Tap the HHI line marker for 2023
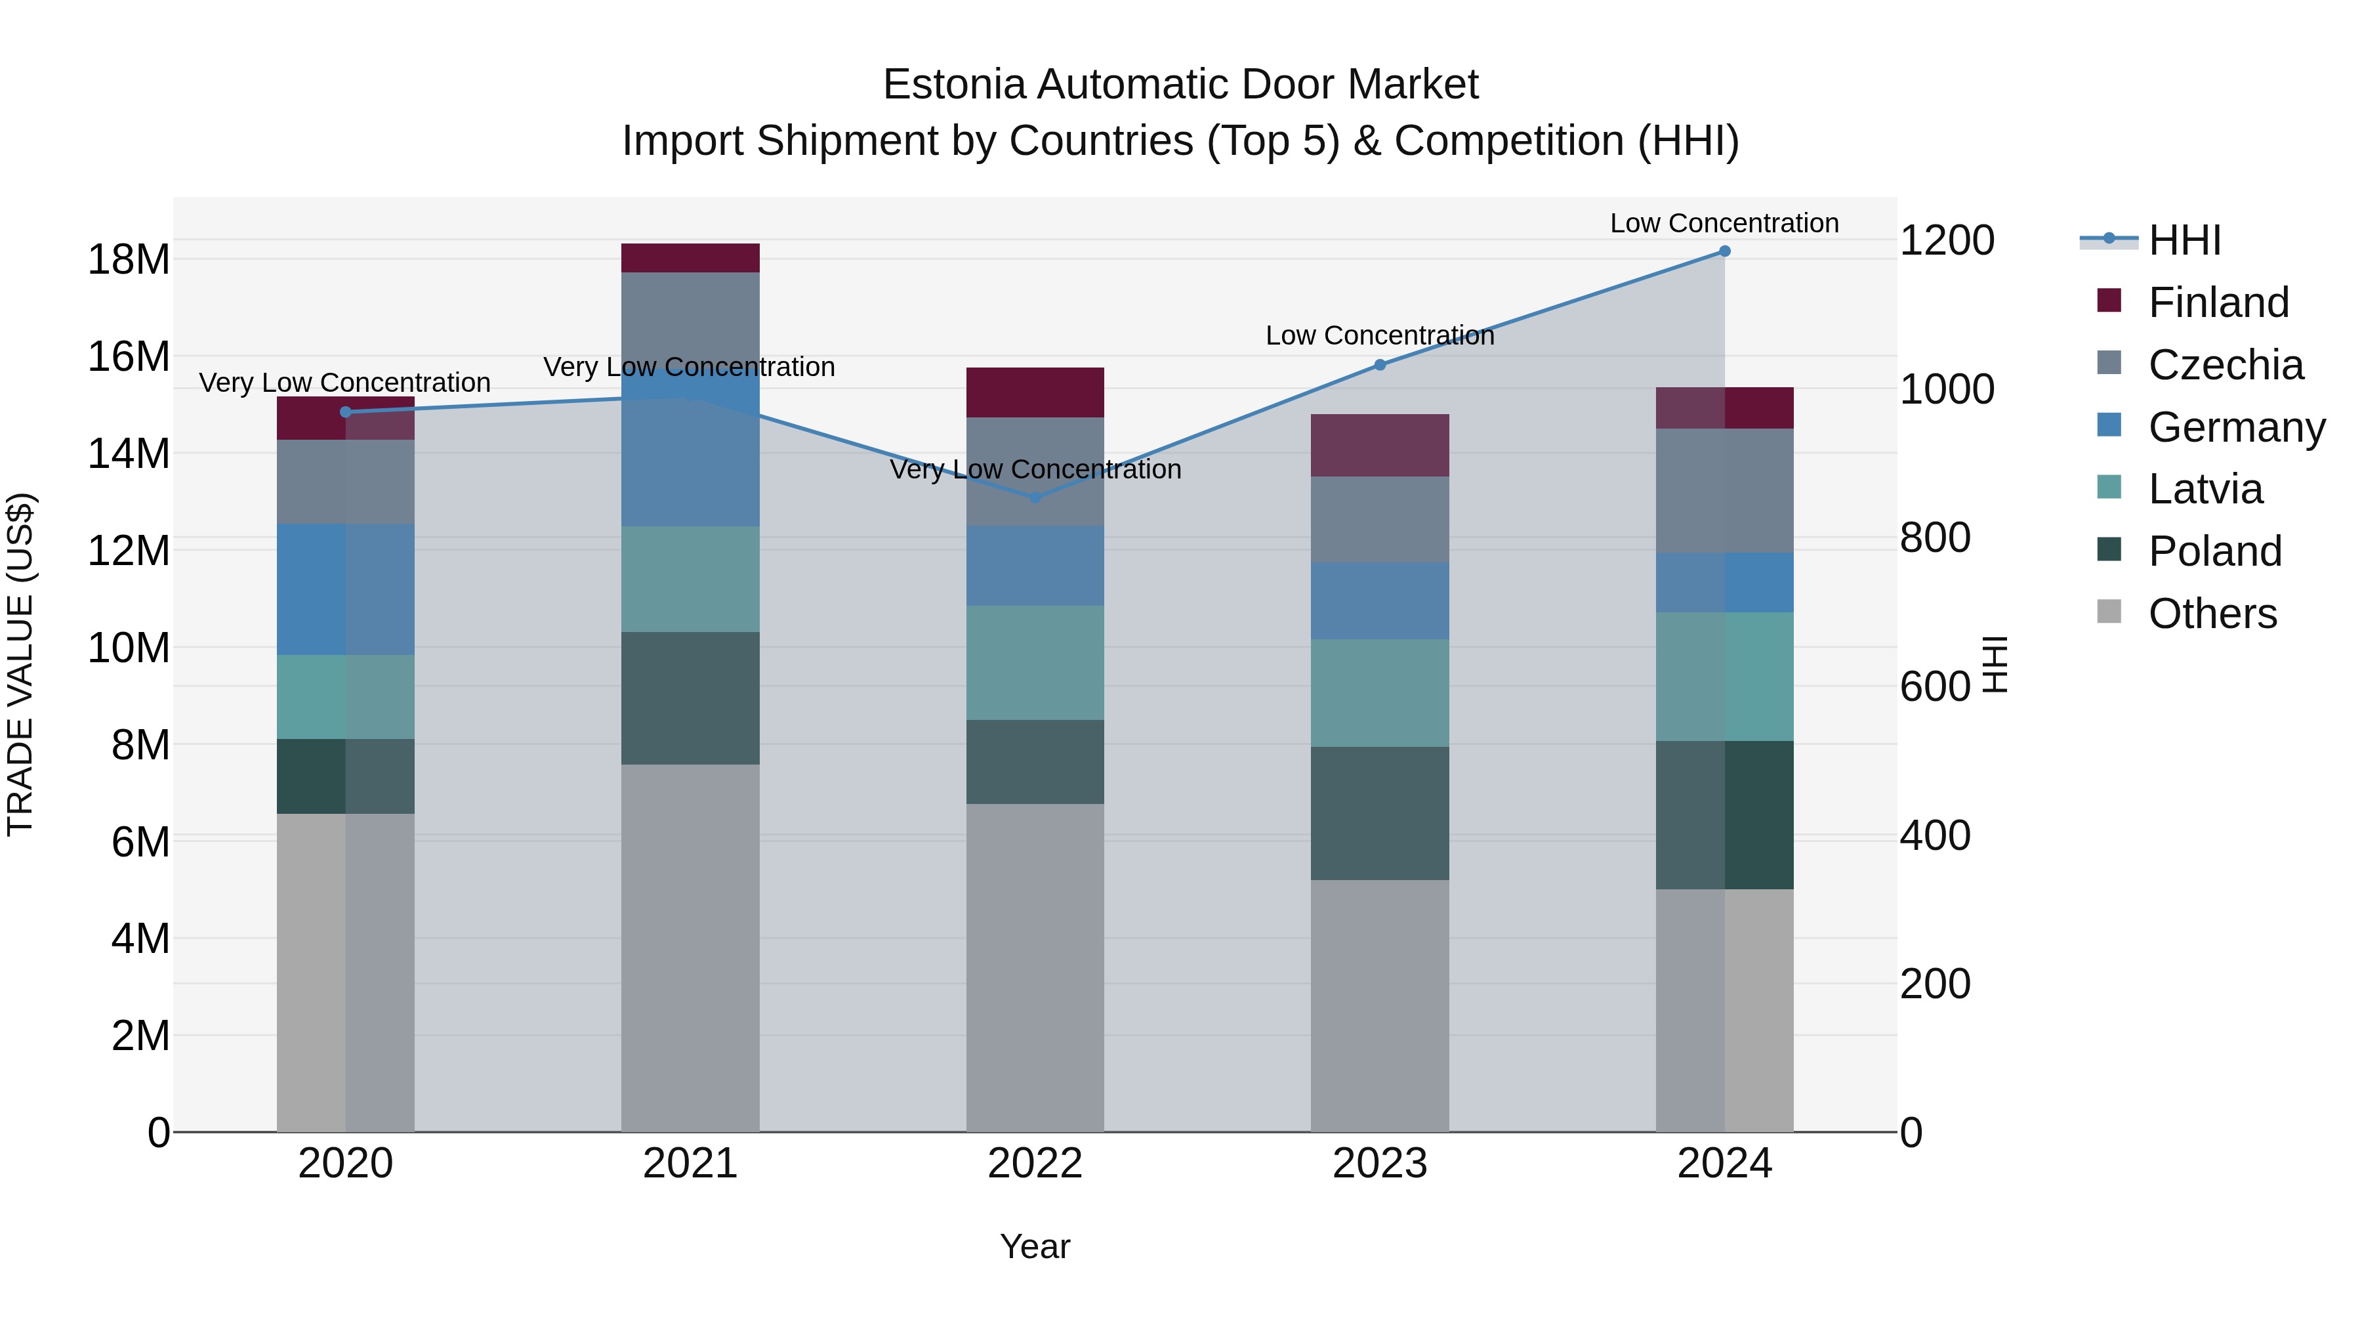tap(1380, 365)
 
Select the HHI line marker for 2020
tap(346, 411)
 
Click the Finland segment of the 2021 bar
tap(690, 258)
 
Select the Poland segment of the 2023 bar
tap(1380, 814)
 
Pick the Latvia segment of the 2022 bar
tap(1035, 662)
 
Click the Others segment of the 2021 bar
tap(690, 948)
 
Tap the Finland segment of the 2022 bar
tap(1035, 392)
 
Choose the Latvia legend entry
tap(2205, 489)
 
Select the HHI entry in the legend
tap(2184, 240)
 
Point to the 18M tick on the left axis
tap(129, 259)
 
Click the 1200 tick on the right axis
tap(1947, 240)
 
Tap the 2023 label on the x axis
tap(1380, 1164)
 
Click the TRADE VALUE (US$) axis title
tap(20, 664)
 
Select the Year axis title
tap(1035, 1246)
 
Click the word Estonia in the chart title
tap(953, 85)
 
